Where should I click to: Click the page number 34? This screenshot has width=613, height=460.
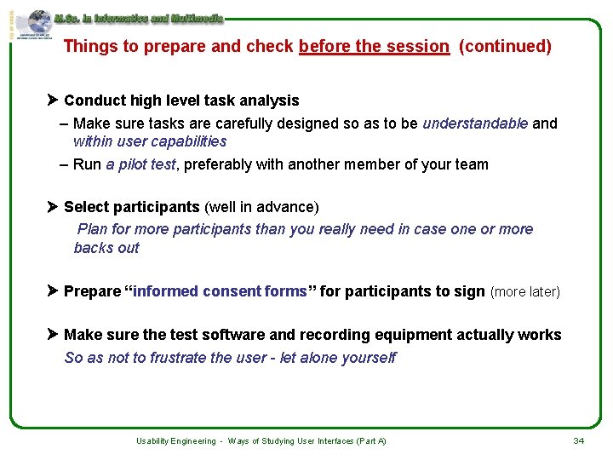click(578, 440)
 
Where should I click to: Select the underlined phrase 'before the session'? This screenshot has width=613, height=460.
click(374, 47)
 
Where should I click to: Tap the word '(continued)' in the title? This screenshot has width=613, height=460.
click(505, 47)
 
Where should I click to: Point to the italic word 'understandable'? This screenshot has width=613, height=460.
click(475, 124)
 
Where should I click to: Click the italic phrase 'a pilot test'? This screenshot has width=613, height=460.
click(140, 164)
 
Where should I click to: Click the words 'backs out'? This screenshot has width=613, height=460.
click(106, 248)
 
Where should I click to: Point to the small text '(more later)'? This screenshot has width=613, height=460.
click(525, 292)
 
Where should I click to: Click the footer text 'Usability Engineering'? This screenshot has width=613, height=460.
click(176, 441)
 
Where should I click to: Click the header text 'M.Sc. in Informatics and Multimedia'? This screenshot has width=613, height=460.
click(138, 18)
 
